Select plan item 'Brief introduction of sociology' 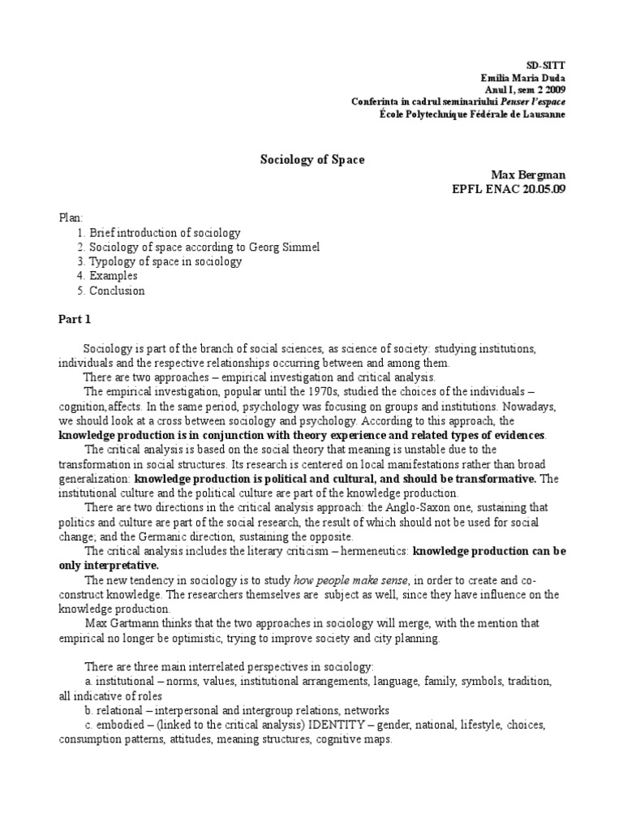click(165, 233)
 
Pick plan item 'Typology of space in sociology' click(165, 262)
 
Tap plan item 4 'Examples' click(114, 277)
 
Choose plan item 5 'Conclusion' click(117, 291)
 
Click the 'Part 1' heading click(75, 319)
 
